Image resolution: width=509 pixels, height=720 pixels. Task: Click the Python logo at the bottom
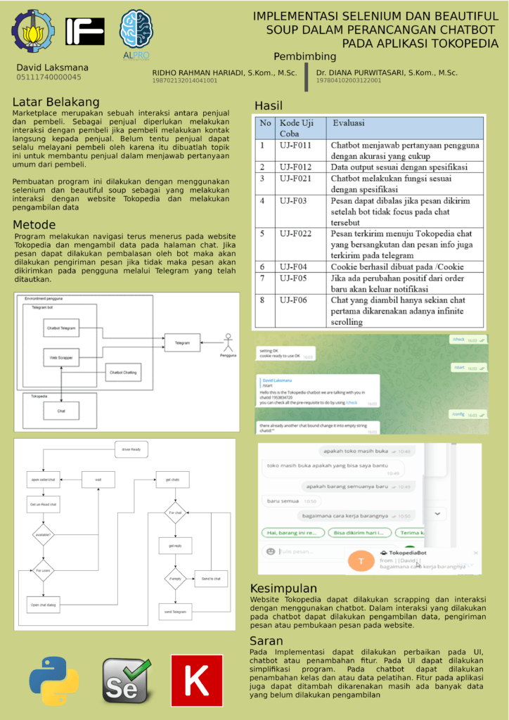[53, 681]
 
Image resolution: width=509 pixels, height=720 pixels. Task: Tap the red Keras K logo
[197, 681]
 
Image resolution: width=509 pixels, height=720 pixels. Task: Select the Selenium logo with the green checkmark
[127, 681]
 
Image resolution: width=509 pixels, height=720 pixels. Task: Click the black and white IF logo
[85, 32]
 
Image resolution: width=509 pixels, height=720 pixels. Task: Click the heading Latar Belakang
[56, 102]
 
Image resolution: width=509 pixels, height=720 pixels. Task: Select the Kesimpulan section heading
[283, 589]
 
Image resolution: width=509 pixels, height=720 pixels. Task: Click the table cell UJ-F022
[296, 233]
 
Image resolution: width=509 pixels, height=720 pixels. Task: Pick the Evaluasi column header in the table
[349, 123]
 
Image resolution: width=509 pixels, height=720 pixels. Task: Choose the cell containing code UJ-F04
[293, 267]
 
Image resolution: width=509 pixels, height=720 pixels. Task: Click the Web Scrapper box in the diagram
[61, 358]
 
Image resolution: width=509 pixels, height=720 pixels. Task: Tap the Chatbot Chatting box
[123, 371]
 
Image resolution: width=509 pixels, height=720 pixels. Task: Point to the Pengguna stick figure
[227, 343]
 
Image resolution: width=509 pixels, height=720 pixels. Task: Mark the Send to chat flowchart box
[211, 578]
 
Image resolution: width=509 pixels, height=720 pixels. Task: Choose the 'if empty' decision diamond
[175, 578]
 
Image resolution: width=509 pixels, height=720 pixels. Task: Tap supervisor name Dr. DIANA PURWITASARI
[387, 72]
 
